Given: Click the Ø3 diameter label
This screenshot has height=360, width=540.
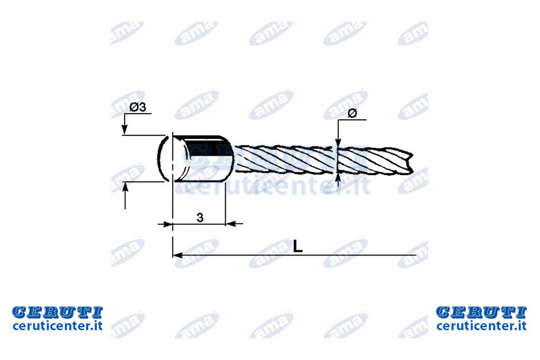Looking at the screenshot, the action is pos(138,107).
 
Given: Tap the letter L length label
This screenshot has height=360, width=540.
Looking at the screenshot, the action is pos(297,246).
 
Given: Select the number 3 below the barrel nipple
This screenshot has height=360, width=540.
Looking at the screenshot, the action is pos(200,217).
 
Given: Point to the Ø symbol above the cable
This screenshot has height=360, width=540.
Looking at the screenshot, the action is pos(353,112).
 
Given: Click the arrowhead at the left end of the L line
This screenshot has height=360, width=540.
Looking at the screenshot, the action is pos(178,255).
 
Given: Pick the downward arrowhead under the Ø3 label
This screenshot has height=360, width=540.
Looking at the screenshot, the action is pos(125,129).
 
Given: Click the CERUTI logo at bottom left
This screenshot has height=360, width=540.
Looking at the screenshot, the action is pos(58,312).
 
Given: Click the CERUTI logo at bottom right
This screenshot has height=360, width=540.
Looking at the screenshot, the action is pos(481,312).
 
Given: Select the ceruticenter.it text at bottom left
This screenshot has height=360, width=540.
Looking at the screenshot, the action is pos(58,325).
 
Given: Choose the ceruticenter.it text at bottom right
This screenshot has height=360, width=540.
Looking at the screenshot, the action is pos(481,325).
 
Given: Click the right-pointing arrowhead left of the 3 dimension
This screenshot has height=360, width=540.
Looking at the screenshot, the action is pos(168,224).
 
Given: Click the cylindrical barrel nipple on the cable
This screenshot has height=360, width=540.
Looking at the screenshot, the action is pos(202,158).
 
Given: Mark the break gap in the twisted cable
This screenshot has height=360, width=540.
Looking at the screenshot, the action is pos(336,160).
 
